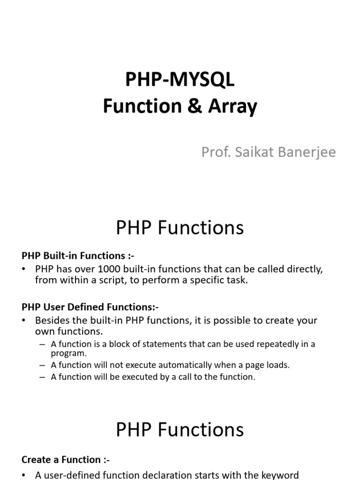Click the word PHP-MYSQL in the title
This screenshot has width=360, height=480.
[180, 80]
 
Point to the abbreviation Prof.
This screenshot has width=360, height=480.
[214, 152]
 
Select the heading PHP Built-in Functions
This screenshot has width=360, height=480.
[78, 255]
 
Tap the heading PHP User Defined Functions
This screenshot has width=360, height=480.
[90, 307]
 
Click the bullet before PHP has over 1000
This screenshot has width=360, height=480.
[24, 270]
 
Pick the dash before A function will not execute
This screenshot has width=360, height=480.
[43, 365]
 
